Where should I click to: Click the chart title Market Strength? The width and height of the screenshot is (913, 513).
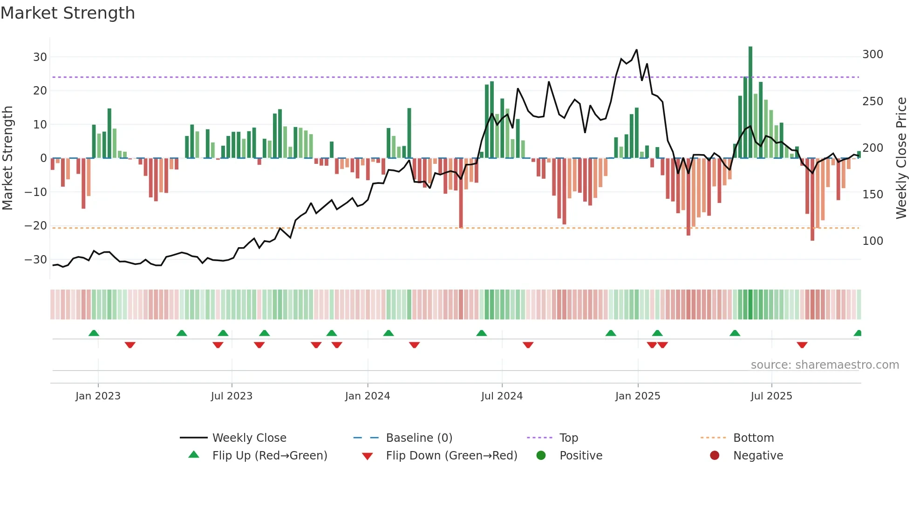pos(68,13)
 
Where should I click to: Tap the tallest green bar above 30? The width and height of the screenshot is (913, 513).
pos(750,102)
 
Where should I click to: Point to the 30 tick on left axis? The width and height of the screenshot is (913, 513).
pos(40,57)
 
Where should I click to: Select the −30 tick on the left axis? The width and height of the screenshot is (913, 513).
pos(36,260)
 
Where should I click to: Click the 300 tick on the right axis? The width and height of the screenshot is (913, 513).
pos(872,54)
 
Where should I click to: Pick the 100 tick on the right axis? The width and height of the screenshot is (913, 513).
pos(872,241)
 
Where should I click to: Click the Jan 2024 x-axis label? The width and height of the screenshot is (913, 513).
pos(368,396)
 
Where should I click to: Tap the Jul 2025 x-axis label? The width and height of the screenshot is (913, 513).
pos(771,396)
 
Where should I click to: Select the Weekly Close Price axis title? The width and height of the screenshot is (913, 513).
pos(902,158)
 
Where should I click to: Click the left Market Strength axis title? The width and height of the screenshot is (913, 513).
pos(7,158)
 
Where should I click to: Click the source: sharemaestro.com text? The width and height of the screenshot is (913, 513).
pos(824,365)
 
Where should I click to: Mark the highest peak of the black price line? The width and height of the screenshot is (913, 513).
pos(636,50)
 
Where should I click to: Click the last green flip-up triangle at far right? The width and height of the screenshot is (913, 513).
pos(858,333)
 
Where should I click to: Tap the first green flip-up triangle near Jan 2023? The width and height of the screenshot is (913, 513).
pos(94,333)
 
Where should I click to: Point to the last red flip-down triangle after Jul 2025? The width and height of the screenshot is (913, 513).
pos(802,345)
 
